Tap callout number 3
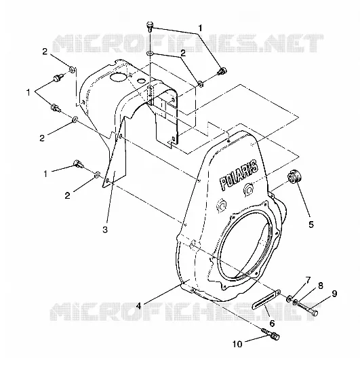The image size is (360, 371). pyautogui.click(x=105, y=229)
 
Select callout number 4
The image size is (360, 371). pyautogui.click(x=138, y=306)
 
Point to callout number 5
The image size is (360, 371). pyautogui.click(x=311, y=224)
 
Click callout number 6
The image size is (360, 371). pyautogui.click(x=272, y=323)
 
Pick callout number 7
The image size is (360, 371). pyautogui.click(x=308, y=281)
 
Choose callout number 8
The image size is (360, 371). pyautogui.click(x=320, y=286)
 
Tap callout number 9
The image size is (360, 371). pyautogui.click(x=334, y=294)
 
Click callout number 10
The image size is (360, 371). pyautogui.click(x=237, y=344)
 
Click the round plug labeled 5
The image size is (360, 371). pyautogui.click(x=294, y=177)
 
